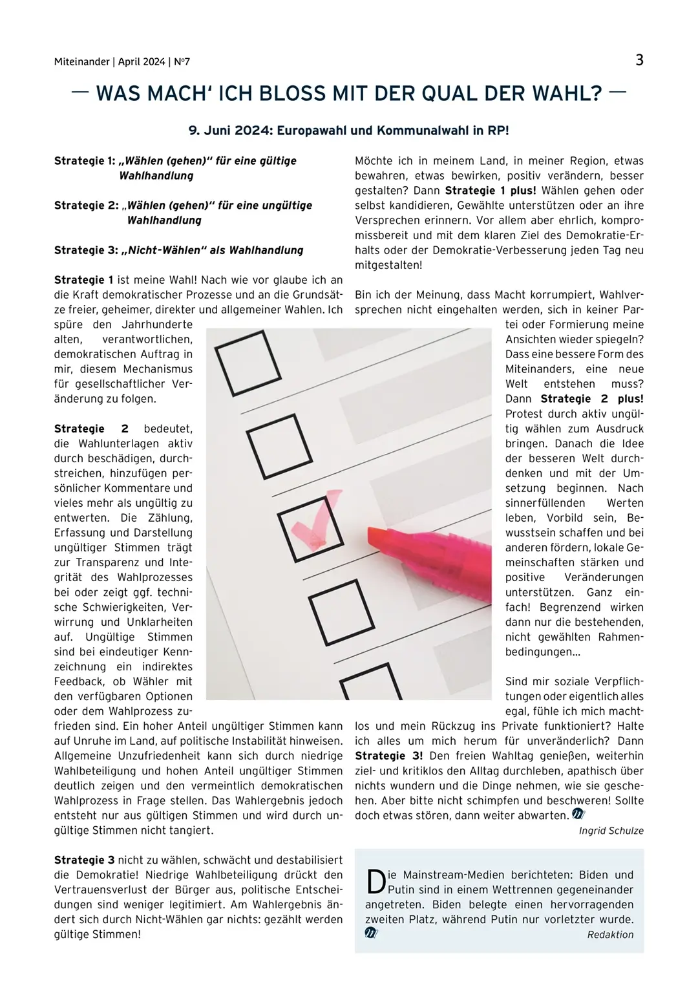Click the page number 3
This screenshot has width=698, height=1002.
639,60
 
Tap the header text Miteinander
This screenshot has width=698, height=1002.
82,62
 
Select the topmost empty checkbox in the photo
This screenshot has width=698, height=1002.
247,362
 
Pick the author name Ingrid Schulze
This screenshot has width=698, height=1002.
611,831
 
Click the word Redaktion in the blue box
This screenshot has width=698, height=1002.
610,935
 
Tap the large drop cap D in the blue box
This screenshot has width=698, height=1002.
375,882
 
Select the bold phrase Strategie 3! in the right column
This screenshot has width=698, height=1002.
389,756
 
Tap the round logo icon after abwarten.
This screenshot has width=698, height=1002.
578,815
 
